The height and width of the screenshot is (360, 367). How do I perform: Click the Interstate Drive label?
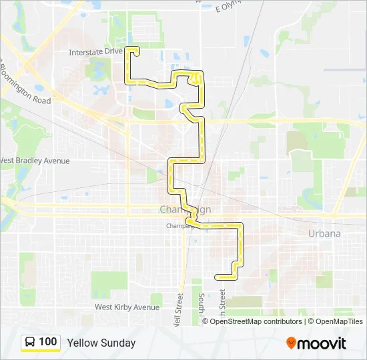pyautogui.click(x=96, y=51)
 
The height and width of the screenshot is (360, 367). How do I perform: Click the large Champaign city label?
pyautogui.click(x=185, y=209)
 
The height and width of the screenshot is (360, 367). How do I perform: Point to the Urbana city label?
pyautogui.click(x=324, y=233)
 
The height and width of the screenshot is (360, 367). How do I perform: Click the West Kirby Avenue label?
pyautogui.click(x=127, y=307)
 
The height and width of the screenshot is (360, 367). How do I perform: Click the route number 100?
pyautogui.click(x=48, y=342)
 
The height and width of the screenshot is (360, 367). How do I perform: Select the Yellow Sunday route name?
pyautogui.click(x=101, y=343)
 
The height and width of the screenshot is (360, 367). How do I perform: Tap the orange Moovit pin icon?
pyautogui.click(x=291, y=343)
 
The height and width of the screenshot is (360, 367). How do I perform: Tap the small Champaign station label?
pyautogui.click(x=179, y=226)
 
